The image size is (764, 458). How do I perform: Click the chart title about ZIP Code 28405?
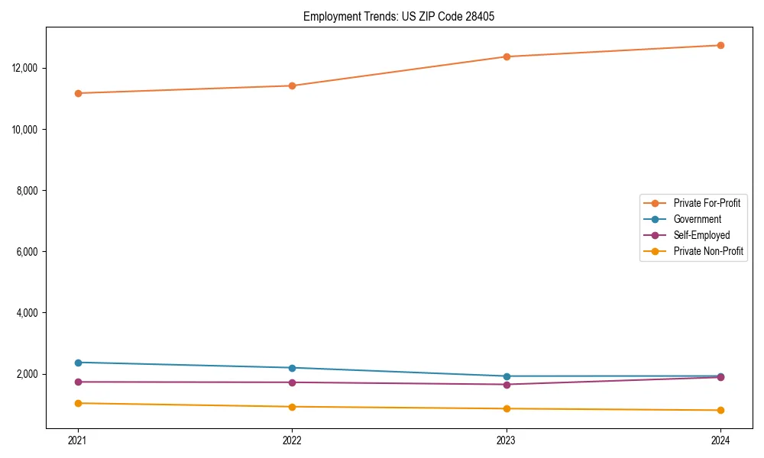pyautogui.click(x=399, y=16)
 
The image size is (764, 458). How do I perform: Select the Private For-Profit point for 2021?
pyautogui.click(x=78, y=93)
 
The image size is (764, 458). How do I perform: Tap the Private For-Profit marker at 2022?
pyautogui.click(x=292, y=85)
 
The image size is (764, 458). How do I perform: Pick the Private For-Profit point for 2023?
pyautogui.click(x=507, y=56)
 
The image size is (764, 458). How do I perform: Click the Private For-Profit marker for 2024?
pyautogui.click(x=720, y=45)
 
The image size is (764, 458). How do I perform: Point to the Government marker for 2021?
pyautogui.click(x=78, y=363)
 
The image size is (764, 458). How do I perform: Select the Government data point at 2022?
pyautogui.click(x=292, y=368)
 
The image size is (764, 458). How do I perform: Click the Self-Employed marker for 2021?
pyautogui.click(x=78, y=382)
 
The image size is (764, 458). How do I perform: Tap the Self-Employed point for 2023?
pyautogui.click(x=507, y=384)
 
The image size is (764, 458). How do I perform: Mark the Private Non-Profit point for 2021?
pyautogui.click(x=78, y=403)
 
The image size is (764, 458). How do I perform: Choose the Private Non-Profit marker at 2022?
pyautogui.click(x=292, y=407)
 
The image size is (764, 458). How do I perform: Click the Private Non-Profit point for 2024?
pyautogui.click(x=720, y=410)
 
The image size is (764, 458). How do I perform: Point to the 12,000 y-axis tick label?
pyautogui.click(x=26, y=68)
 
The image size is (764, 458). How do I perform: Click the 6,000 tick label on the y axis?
pyautogui.click(x=28, y=252)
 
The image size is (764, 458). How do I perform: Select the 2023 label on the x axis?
pyautogui.click(x=507, y=440)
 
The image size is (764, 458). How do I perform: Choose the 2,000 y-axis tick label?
pyautogui.click(x=28, y=374)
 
